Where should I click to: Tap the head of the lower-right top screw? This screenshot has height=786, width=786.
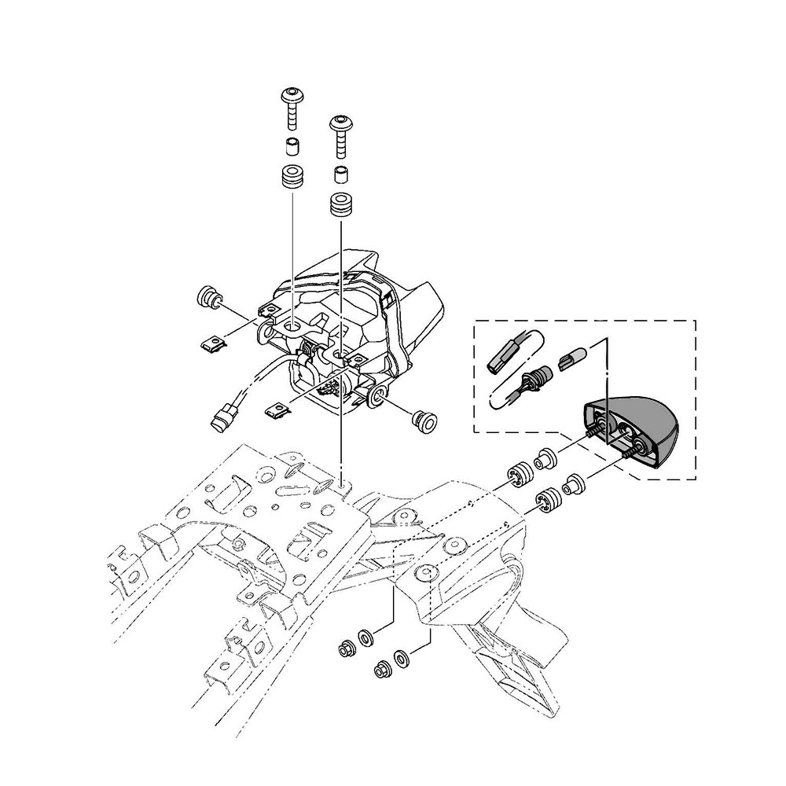[341, 123]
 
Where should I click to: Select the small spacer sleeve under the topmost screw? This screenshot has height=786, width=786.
[292, 146]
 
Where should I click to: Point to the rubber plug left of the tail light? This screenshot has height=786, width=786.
[209, 298]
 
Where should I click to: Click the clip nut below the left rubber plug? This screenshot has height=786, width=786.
[211, 343]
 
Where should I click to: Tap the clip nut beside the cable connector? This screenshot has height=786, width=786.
[275, 409]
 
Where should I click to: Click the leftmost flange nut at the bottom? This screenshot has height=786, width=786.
[344, 649]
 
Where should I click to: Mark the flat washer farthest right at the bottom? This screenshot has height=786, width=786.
[402, 656]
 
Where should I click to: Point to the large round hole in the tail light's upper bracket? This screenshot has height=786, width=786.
[292, 325]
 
